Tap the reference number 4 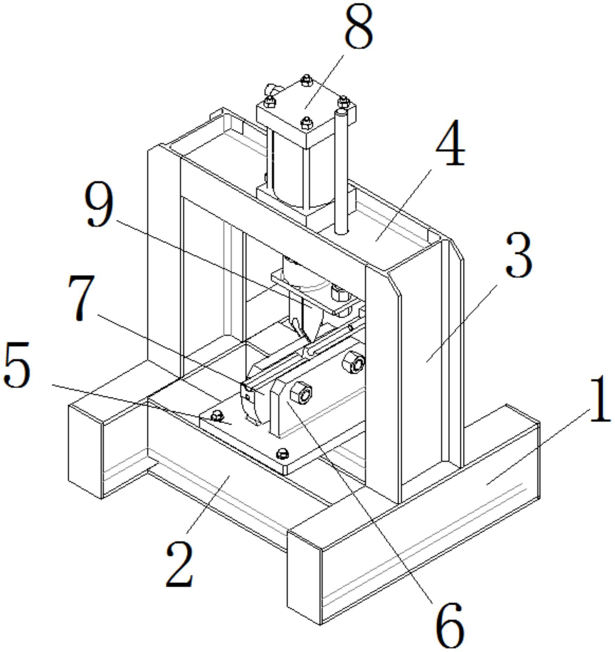[x=450, y=143]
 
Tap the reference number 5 [x=17, y=365]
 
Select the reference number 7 [x=81, y=298]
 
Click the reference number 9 [x=100, y=204]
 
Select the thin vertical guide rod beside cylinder [x=341, y=171]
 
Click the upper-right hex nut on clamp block [x=353, y=363]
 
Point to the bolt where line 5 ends [x=218, y=415]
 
